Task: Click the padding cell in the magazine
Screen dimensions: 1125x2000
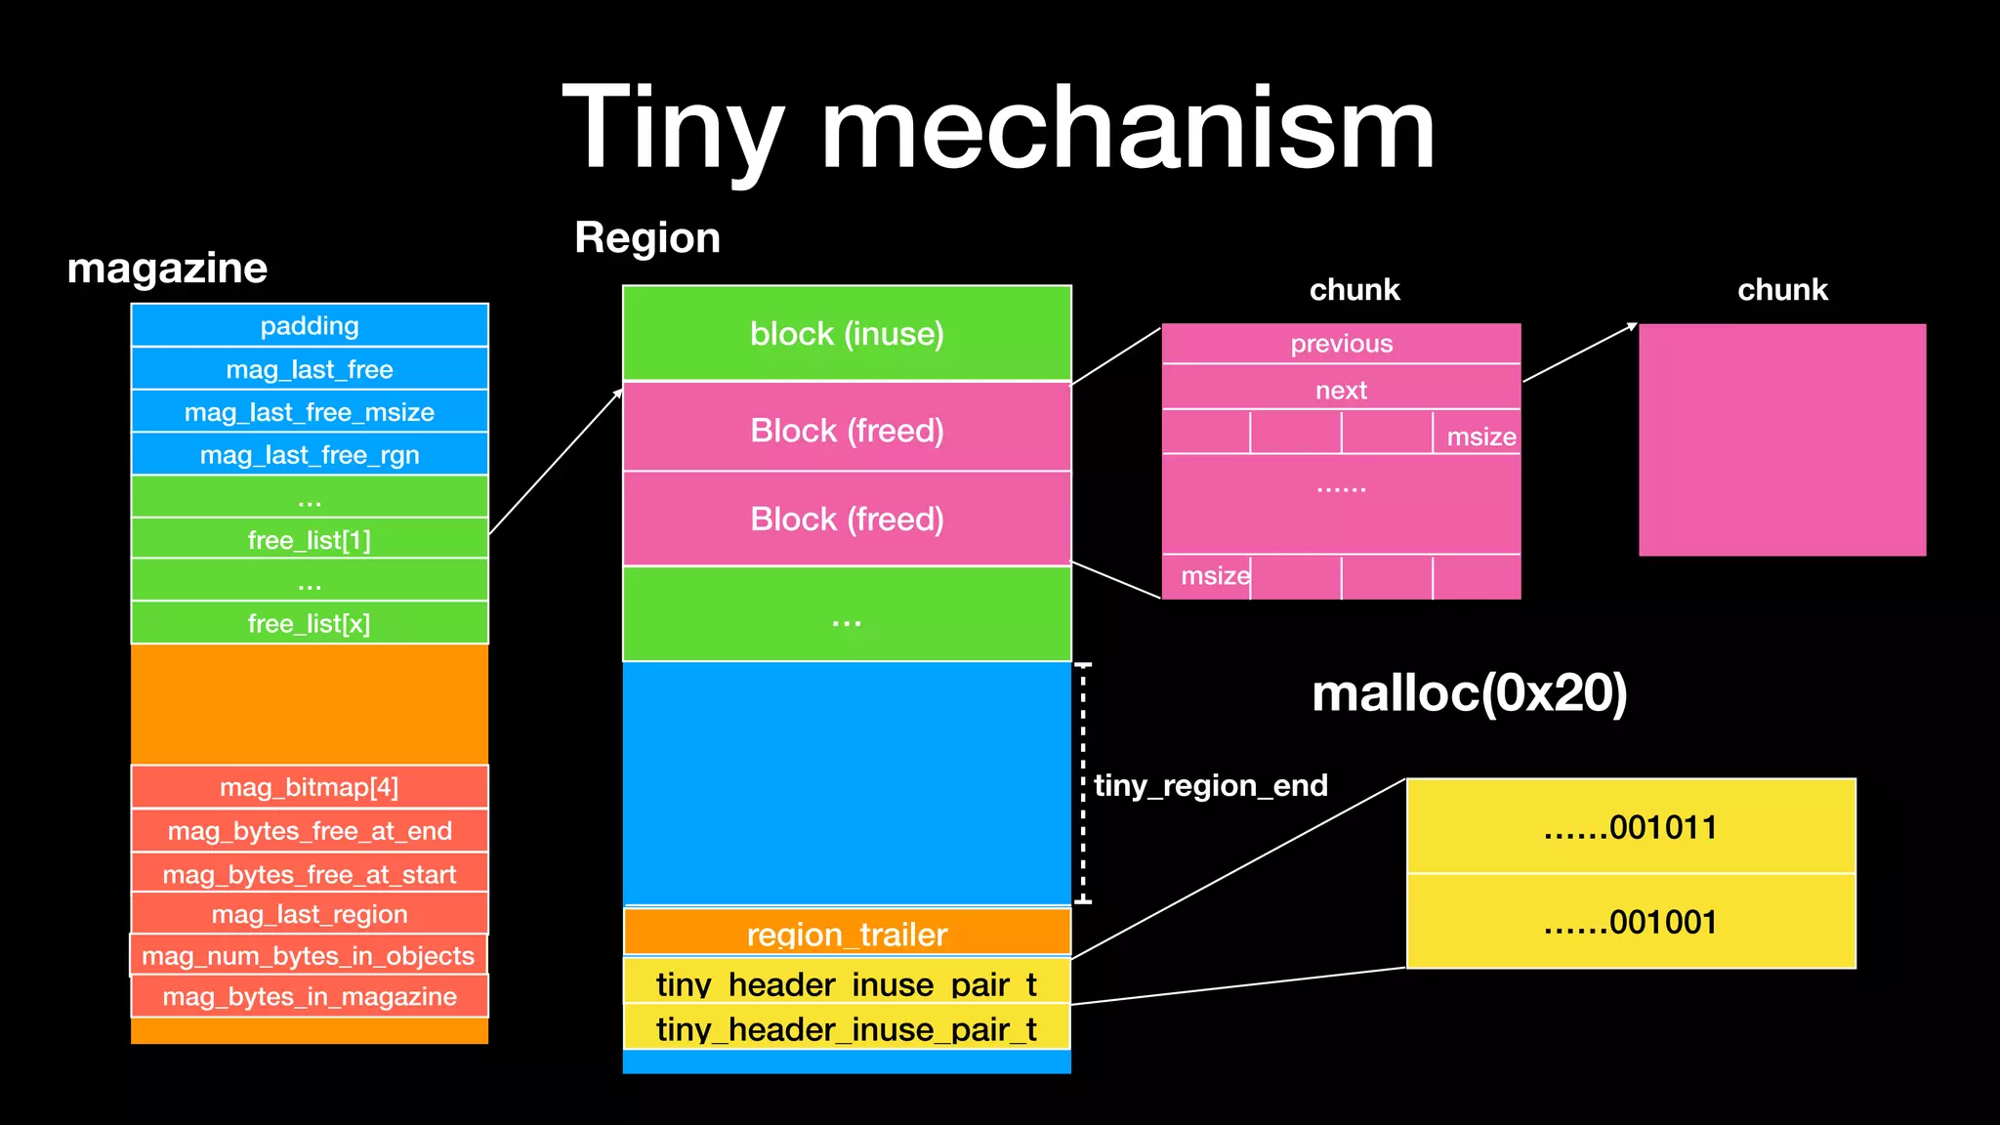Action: [310, 325]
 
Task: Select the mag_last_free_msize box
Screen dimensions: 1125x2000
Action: [310, 411]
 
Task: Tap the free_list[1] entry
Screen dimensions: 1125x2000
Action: [310, 539]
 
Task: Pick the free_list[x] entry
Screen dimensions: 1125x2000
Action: [310, 623]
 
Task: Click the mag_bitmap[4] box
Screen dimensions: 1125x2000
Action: [310, 787]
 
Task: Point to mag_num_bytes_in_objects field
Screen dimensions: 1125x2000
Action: [309, 955]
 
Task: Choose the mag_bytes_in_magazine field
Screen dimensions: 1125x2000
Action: [310, 996]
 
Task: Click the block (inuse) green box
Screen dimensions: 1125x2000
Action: [847, 333]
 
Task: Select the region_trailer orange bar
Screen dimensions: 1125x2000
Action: [847, 933]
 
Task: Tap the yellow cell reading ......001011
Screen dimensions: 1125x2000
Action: [1630, 826]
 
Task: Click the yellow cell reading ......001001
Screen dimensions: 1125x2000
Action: [1630, 921]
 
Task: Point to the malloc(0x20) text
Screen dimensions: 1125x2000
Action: [1469, 692]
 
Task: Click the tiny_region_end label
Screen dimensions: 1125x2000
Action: [1211, 785]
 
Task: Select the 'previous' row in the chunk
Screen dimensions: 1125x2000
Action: [1341, 343]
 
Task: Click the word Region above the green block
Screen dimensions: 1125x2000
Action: [647, 237]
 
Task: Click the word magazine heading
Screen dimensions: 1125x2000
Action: [167, 268]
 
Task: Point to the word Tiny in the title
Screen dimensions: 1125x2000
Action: [674, 129]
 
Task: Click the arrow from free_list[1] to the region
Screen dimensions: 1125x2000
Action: [555, 462]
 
